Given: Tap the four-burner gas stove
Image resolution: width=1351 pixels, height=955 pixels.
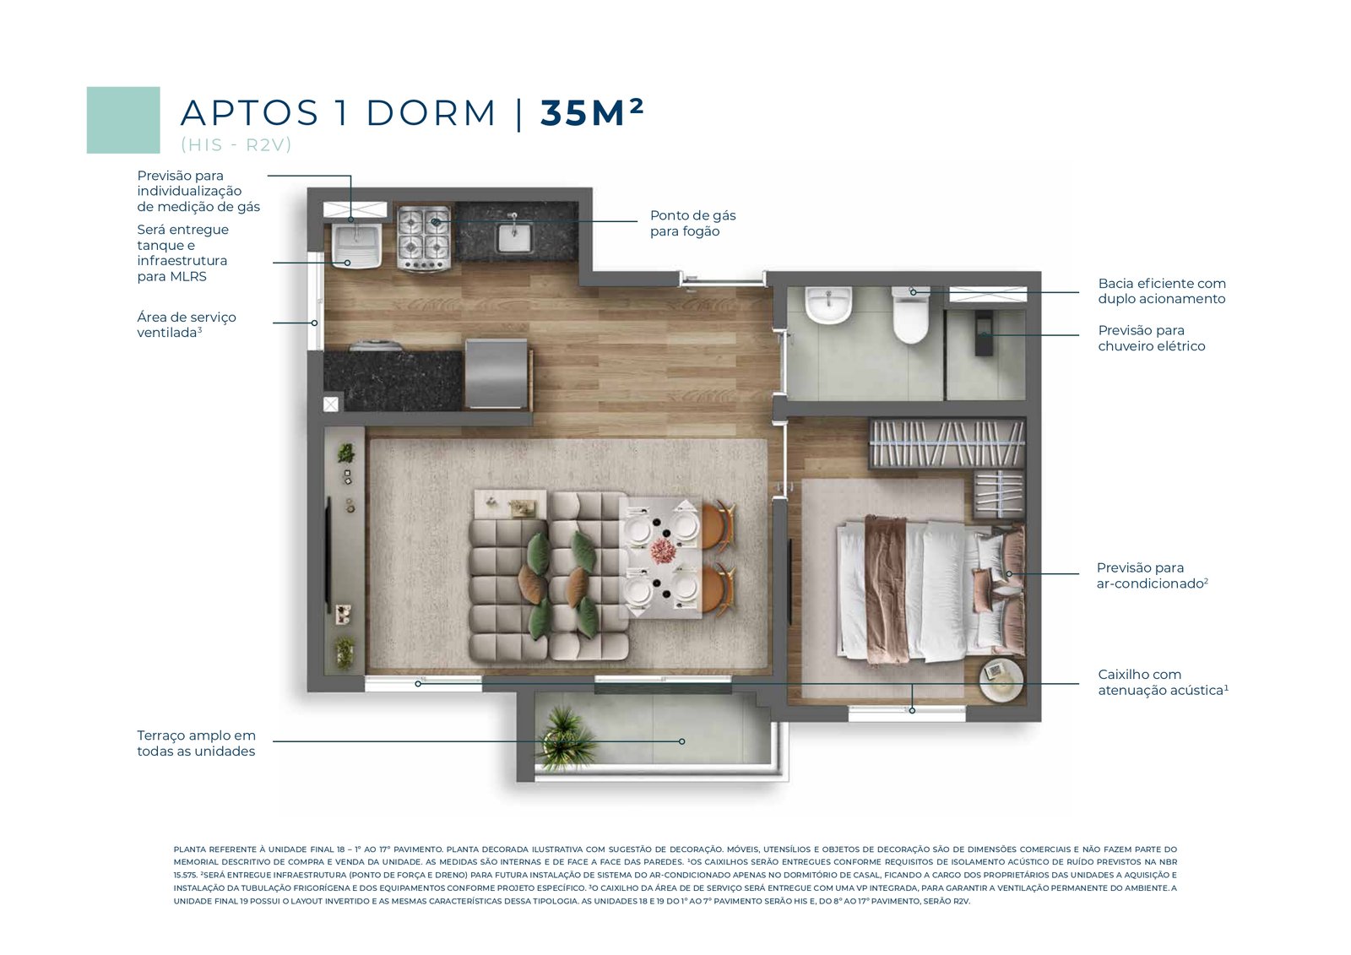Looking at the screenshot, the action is (x=424, y=237).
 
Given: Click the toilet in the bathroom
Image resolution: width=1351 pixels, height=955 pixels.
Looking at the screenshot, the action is (x=910, y=315).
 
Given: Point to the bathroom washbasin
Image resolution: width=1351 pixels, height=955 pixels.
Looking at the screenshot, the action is (x=828, y=306).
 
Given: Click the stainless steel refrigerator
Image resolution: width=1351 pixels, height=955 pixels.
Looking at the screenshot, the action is (x=496, y=374).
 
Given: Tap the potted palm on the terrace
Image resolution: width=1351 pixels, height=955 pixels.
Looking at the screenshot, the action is (x=565, y=740).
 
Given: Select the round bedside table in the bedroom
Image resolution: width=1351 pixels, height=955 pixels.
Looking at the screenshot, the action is (x=1001, y=681).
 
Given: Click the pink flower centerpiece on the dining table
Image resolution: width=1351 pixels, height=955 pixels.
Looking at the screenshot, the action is (x=662, y=550).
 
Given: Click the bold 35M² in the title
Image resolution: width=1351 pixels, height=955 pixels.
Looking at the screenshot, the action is (x=592, y=112).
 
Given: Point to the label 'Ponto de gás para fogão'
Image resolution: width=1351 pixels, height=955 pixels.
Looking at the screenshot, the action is (x=692, y=223).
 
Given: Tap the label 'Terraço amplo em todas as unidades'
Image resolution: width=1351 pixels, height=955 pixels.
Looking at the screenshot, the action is (x=196, y=743).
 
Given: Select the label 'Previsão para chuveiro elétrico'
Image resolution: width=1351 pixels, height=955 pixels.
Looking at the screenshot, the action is (x=1152, y=338).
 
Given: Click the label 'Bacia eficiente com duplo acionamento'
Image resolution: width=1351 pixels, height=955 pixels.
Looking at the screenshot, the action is (x=1162, y=290).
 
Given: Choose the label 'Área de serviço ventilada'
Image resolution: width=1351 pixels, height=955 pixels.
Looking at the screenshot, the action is (x=187, y=324).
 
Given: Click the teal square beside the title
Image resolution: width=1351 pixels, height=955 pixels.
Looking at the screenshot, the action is (x=123, y=120).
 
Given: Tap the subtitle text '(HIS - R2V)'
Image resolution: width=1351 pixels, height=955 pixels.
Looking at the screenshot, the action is (x=236, y=144).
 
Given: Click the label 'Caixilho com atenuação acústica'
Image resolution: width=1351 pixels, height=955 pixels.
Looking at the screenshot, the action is (x=1163, y=682).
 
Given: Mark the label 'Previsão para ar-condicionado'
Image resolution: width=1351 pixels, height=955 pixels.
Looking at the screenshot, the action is (x=1152, y=576).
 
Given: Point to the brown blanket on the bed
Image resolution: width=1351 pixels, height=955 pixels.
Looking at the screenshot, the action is (x=887, y=589).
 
